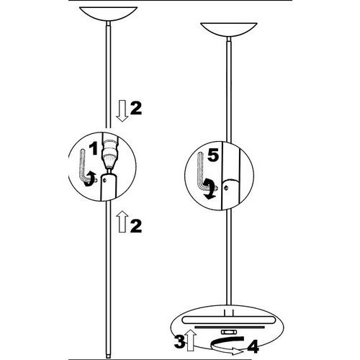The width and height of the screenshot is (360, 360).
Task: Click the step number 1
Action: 94,149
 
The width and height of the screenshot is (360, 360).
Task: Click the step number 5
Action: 213,156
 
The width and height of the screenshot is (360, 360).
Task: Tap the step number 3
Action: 179,342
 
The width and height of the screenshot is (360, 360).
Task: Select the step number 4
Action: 253,346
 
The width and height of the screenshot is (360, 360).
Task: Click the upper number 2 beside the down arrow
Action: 136,108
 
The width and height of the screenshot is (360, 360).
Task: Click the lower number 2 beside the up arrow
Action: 136,226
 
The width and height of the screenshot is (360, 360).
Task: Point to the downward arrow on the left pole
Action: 122,111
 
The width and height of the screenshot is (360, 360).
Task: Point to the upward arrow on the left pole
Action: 122,222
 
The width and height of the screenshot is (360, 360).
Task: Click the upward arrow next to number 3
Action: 192,340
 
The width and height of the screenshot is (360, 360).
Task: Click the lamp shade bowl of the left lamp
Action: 108,14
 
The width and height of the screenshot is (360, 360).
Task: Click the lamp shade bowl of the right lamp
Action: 229,30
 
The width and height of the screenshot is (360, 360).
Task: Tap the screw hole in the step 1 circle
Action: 104,179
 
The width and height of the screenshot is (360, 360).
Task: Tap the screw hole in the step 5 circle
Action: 225,187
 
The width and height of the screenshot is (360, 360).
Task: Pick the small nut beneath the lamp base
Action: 228,332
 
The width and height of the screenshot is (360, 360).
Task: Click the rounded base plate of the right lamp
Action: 228,320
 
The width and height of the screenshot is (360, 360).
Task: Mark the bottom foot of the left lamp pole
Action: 108,356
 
